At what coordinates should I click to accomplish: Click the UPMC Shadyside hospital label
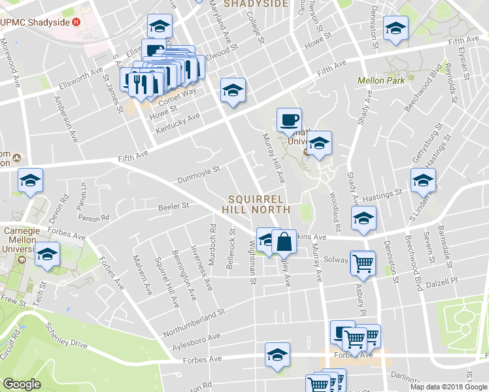[x=35, y=21]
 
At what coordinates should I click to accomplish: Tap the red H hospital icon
[x=76, y=21]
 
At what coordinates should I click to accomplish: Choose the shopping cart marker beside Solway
[x=363, y=265]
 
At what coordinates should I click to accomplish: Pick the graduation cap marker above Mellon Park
[x=394, y=29]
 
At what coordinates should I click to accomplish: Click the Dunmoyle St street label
[x=199, y=174]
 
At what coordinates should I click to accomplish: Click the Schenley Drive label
[x=65, y=334]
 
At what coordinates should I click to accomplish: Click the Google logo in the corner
[x=22, y=385]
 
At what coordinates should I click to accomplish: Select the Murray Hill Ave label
[x=273, y=158]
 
